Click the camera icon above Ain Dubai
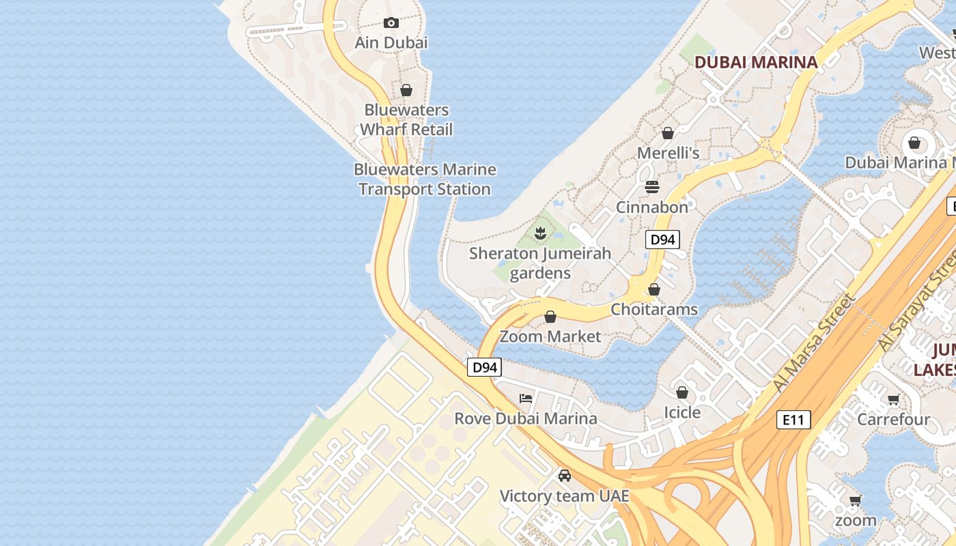point(391,23)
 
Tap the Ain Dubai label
point(391,42)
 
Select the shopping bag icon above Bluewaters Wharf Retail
point(406,90)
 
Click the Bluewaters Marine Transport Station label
point(425,179)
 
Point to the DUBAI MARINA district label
point(756,62)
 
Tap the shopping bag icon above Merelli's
point(668,133)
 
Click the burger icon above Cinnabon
point(652,187)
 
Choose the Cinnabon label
point(652,207)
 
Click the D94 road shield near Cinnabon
point(662,240)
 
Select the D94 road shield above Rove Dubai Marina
point(485,367)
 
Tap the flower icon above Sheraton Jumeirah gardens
point(540,233)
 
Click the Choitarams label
point(654,309)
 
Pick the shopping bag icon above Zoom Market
point(550,317)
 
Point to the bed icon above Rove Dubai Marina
point(526,399)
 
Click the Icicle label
point(682,412)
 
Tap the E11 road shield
point(793,420)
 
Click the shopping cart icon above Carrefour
point(893,399)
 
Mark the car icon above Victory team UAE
point(565,476)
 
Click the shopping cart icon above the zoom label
point(855,500)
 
